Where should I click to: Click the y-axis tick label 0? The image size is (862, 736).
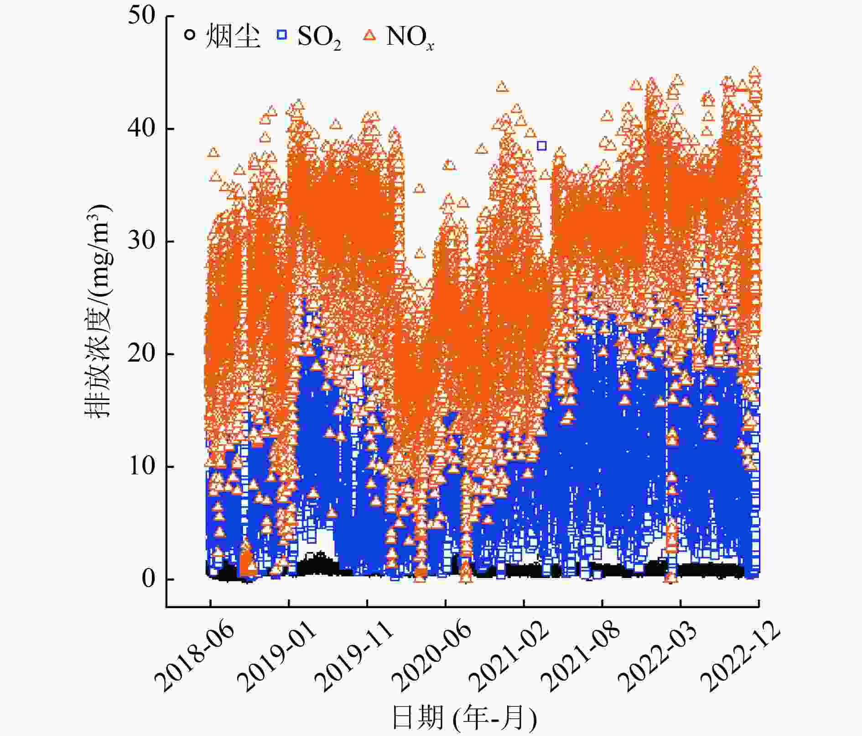tap(149, 579)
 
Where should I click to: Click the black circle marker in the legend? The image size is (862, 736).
tap(190, 35)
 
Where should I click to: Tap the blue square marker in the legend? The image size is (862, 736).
tap(282, 35)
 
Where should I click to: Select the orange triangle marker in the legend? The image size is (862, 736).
tap(370, 35)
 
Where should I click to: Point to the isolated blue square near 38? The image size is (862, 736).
tap(541, 146)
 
